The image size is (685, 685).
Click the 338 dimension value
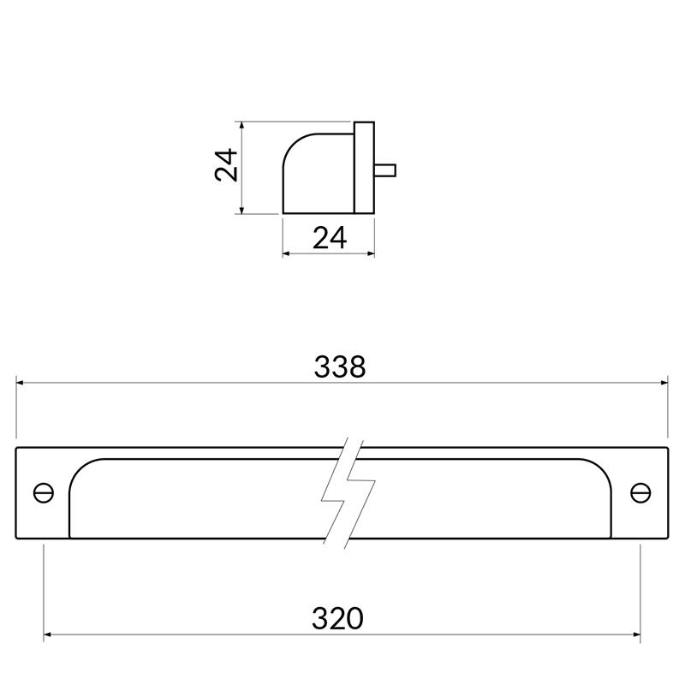pos(340,366)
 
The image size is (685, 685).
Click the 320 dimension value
pos(337,617)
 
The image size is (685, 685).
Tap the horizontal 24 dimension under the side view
pos(330,238)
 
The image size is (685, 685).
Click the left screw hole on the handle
pos(44,493)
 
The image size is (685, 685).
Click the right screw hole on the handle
pos(640,493)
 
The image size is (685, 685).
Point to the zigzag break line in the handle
pos(347,493)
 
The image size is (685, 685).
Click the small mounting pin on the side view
pos(384,168)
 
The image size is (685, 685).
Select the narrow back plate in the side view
pos(364,167)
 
